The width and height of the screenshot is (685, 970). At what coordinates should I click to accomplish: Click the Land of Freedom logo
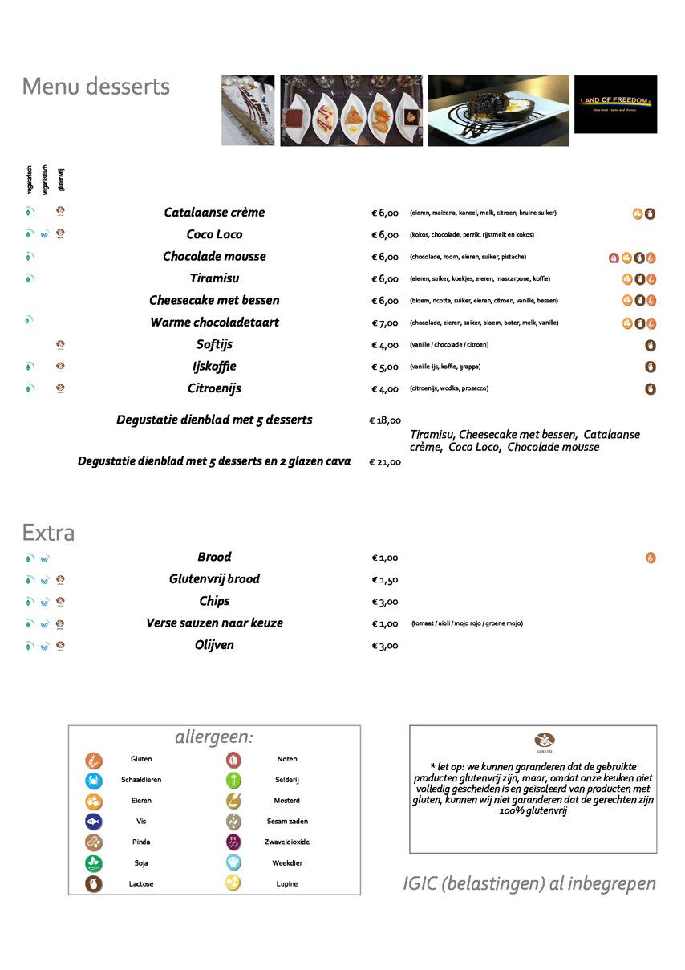pos(614,104)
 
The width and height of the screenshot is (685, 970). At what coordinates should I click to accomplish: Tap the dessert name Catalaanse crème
pos(214,213)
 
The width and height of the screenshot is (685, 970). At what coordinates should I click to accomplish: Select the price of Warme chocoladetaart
pos(385,323)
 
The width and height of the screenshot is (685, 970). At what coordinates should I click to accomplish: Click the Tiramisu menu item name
pos(214,278)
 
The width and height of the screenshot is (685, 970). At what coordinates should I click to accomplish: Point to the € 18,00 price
pos(385,420)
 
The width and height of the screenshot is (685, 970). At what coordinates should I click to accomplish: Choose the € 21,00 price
pos(385,462)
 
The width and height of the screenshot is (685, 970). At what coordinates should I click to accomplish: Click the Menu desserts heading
pos(95,87)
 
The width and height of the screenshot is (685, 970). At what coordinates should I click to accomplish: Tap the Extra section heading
pos(48,533)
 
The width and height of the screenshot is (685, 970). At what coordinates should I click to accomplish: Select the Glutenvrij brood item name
pos(214,579)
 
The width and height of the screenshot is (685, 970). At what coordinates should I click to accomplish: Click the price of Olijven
pos(385,646)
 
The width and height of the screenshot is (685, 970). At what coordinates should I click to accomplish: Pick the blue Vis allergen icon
pos(94,821)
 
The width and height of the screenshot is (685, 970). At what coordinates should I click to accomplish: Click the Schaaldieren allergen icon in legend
pos(94,780)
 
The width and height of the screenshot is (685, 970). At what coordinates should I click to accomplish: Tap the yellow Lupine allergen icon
pos(233,883)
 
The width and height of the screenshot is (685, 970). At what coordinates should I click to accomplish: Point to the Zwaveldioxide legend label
pos(287,842)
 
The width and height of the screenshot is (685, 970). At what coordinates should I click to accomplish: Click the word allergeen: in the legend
pos(214,737)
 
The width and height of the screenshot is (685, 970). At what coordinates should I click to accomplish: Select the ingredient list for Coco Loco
pos(460,235)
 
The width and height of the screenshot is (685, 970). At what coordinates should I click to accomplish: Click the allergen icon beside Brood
pos(651,558)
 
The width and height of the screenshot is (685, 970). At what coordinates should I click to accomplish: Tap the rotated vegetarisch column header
pos(30,178)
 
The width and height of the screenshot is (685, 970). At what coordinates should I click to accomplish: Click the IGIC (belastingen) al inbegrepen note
pos(529,883)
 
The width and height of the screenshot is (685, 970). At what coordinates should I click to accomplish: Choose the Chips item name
pos(214,601)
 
